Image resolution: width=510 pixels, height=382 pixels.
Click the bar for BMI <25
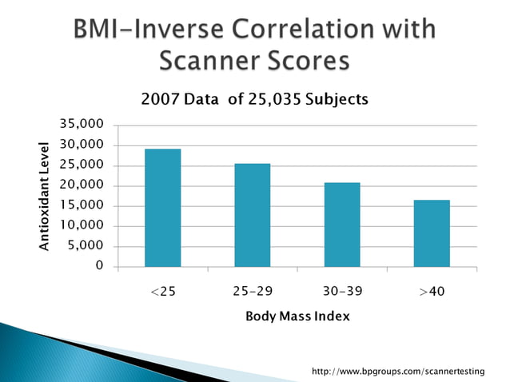pyautogui.click(x=162, y=208)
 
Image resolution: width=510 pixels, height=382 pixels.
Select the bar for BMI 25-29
pyautogui.click(x=252, y=215)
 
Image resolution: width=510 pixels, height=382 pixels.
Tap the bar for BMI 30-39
pyautogui.click(x=342, y=225)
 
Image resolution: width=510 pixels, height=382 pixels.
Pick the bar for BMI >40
pyautogui.click(x=432, y=233)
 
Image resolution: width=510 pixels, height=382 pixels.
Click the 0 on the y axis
pyautogui.click(x=99, y=266)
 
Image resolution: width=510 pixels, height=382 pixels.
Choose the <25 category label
pyautogui.click(x=163, y=292)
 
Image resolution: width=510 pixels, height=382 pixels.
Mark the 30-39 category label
pyautogui.click(x=342, y=292)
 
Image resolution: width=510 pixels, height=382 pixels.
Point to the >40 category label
pyautogui.click(x=432, y=292)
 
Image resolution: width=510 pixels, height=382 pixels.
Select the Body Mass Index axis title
pyautogui.click(x=297, y=316)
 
